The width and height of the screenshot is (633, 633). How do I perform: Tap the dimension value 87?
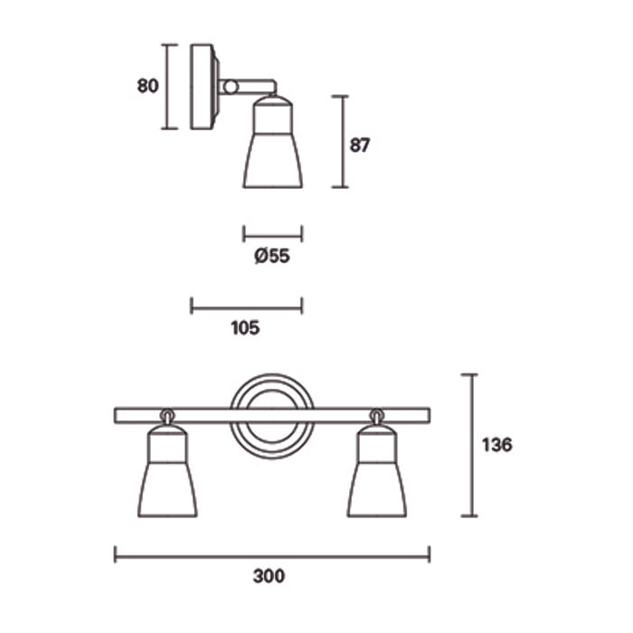pos(361,145)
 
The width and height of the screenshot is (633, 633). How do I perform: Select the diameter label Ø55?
pos(272,257)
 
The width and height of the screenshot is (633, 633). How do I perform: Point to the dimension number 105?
pos(245,328)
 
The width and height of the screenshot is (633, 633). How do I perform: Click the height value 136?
pos(496,445)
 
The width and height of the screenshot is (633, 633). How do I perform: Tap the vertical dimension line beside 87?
pos(340,142)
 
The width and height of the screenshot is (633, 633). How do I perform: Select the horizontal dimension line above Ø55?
pos(272,234)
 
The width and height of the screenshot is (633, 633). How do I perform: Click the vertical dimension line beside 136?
pos(468,445)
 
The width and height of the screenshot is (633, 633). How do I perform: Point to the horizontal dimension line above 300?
pos(271,553)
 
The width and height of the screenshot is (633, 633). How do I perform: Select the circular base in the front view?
pos(271,416)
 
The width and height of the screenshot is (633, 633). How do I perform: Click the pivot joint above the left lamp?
pos(167,415)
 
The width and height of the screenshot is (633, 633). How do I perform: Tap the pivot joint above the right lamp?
pos(376,415)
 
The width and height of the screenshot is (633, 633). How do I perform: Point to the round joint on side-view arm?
pos(231,87)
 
